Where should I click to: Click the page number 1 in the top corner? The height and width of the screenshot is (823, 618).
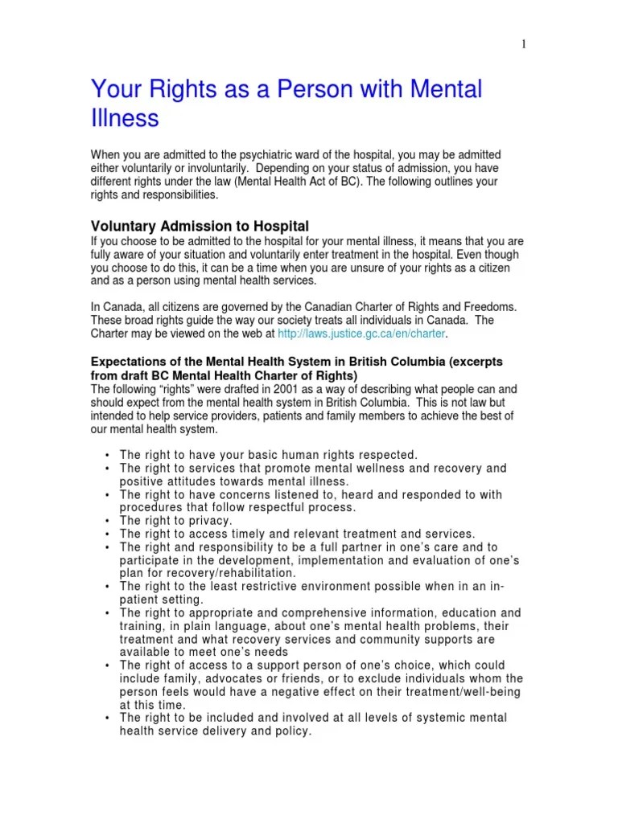tap(524, 45)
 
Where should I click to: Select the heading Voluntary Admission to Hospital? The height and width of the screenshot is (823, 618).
tap(200, 226)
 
